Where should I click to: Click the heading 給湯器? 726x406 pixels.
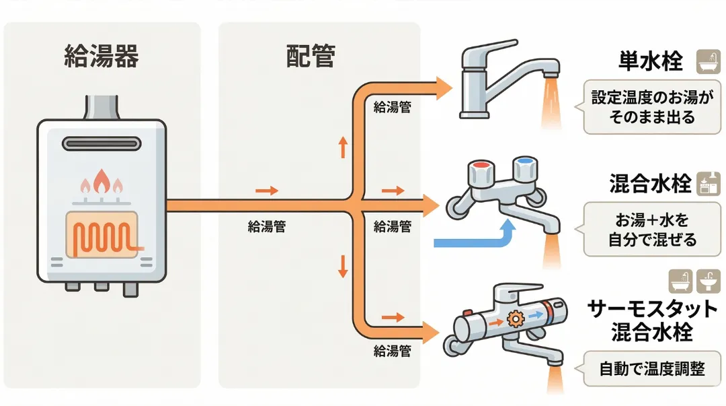click(x=102, y=57)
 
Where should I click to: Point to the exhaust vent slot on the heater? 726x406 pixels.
click(x=102, y=143)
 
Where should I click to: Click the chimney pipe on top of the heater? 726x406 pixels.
click(x=102, y=108)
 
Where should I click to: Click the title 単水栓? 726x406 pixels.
click(x=651, y=62)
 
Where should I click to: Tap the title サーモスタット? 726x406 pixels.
click(x=652, y=310)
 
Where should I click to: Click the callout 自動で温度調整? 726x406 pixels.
click(x=651, y=369)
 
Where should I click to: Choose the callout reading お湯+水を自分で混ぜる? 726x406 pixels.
click(x=652, y=230)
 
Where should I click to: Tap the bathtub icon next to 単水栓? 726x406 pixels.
click(x=705, y=61)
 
